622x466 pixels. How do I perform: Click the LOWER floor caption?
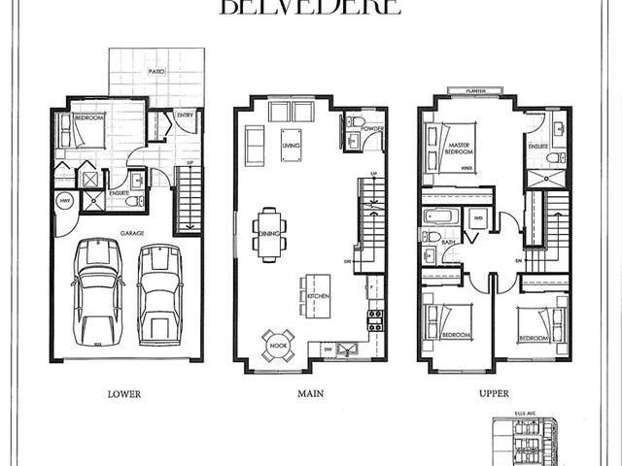[x=125, y=394]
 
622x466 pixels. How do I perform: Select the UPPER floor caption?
[x=495, y=394]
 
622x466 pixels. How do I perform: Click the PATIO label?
[x=155, y=72]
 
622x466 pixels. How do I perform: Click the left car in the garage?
[x=98, y=289]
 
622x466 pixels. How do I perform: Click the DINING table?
[x=270, y=233]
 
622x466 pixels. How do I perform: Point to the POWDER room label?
[x=373, y=129]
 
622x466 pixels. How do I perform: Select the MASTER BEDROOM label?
[x=459, y=149]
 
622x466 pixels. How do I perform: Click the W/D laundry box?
[x=477, y=217]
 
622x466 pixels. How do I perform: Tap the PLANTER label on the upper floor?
[x=475, y=91]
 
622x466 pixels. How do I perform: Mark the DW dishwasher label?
[x=328, y=348]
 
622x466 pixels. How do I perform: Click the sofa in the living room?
[x=255, y=146]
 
